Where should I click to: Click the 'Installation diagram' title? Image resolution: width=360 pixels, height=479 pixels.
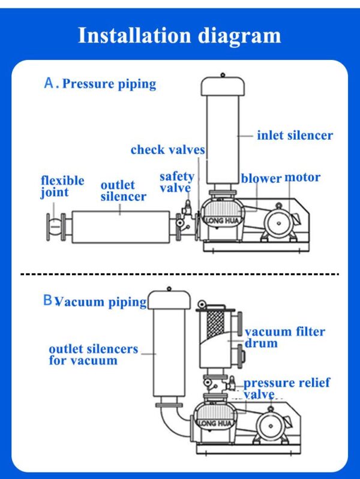tap(179, 35)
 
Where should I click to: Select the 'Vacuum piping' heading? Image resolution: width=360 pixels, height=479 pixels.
tap(101, 302)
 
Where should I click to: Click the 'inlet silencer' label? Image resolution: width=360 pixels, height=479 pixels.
tap(295, 135)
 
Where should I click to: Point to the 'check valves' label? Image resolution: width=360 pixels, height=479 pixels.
tap(168, 150)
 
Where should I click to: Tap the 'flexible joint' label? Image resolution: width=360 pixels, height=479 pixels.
tap(62, 186)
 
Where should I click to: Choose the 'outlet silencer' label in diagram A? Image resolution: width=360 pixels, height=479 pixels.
tap(123, 191)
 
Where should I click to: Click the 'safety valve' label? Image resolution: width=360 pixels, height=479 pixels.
tap(176, 182)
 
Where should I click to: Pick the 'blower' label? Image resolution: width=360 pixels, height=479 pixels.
tap(261, 179)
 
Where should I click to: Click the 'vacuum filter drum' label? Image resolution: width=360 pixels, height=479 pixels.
tap(284, 338)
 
